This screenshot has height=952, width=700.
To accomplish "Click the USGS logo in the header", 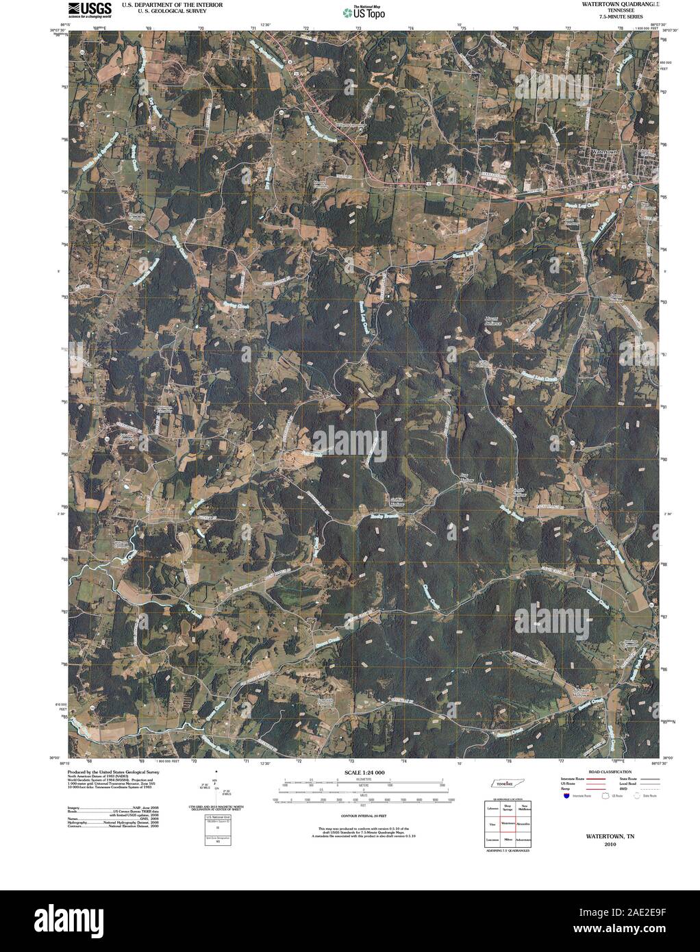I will (x=86, y=10).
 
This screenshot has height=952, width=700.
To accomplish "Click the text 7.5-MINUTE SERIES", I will (x=621, y=16).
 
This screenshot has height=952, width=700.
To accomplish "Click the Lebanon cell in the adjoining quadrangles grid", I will (x=492, y=810).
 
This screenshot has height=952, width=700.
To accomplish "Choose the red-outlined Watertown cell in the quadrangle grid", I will (x=508, y=824).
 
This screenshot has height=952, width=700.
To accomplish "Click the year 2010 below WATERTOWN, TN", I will (x=595, y=844).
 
